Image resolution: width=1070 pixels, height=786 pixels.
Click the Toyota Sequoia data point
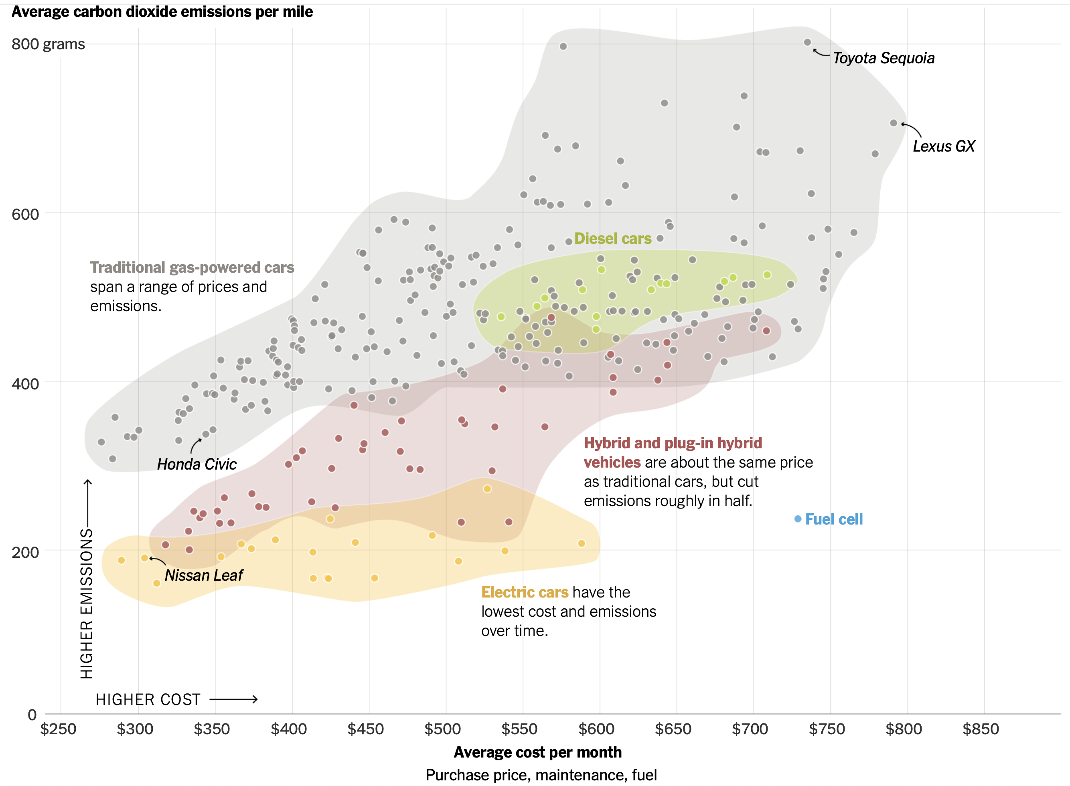pyautogui.click(x=807, y=43)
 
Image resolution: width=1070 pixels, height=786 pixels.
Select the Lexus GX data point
pyautogui.click(x=894, y=123)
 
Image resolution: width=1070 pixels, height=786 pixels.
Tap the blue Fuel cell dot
pyautogui.click(x=798, y=519)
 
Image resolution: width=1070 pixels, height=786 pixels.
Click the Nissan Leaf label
pyautogui.click(x=204, y=575)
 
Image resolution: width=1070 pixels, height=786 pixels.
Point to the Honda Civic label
pyautogui.click(x=197, y=464)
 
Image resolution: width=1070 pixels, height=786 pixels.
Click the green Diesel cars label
pyautogui.click(x=612, y=238)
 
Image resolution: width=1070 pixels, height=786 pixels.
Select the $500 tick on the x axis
pyautogui.click(x=442, y=729)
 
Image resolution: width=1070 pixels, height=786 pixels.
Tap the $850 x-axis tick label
pyautogui.click(x=981, y=729)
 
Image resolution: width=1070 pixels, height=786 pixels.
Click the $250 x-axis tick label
pyautogui.click(x=58, y=729)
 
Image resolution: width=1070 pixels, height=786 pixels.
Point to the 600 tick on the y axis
pyautogui.click(x=25, y=214)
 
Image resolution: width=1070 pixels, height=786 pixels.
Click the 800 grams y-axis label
pyautogui.click(x=48, y=44)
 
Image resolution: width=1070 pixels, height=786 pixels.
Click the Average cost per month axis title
pyautogui.click(x=538, y=752)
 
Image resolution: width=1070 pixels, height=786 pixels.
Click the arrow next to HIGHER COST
pyautogui.click(x=233, y=699)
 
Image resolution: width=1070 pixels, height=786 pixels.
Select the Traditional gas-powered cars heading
pyautogui.click(x=192, y=267)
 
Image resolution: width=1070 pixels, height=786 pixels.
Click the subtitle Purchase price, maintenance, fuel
pyautogui.click(x=541, y=775)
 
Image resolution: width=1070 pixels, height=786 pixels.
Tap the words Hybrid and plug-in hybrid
pyautogui.click(x=673, y=443)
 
